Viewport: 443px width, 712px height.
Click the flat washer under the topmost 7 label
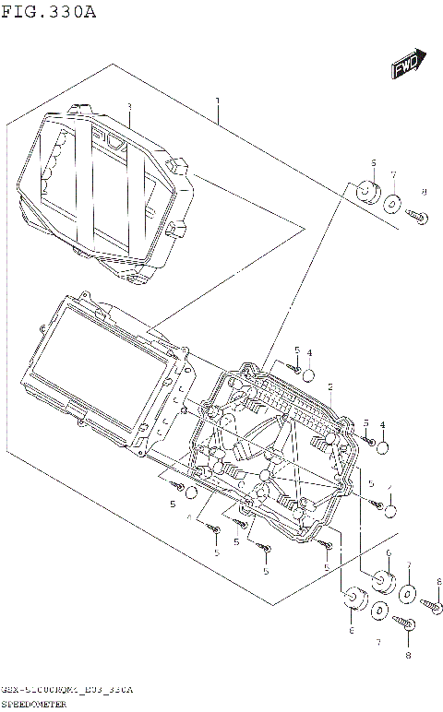pyautogui.click(x=393, y=205)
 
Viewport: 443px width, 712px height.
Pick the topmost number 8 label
pyautogui.click(x=424, y=192)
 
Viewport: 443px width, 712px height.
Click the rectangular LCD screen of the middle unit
pyautogui.click(x=100, y=350)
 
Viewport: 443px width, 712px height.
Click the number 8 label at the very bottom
pyautogui.click(x=407, y=655)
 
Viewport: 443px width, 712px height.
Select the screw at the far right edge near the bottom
pyautogui.click(x=433, y=604)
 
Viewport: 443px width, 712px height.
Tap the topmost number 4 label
pyautogui.click(x=309, y=352)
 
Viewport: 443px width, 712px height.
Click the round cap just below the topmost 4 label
pyautogui.click(x=309, y=374)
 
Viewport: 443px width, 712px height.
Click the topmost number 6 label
pyautogui.click(x=374, y=163)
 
